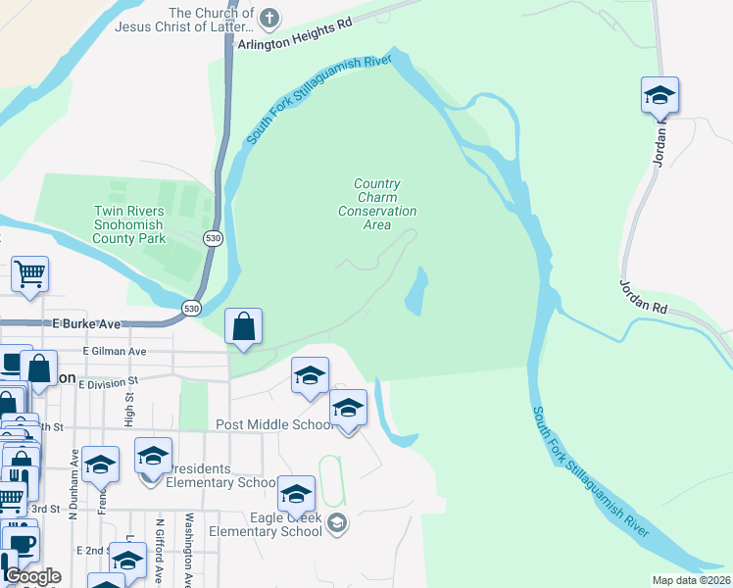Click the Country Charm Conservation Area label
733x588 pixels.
[377, 204]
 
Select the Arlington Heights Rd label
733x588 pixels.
[293, 46]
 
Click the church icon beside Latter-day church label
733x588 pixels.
[270, 18]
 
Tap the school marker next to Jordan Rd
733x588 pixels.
[660, 96]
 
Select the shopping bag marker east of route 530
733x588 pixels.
[244, 326]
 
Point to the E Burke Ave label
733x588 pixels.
[86, 323]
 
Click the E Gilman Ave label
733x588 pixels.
[115, 351]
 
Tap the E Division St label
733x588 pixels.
[109, 383]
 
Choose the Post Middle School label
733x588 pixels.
[275, 424]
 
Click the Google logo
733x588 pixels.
[31, 576]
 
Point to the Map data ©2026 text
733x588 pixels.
[691, 580]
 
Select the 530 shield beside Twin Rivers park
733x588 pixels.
[213, 238]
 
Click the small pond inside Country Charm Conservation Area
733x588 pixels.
[416, 292]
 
